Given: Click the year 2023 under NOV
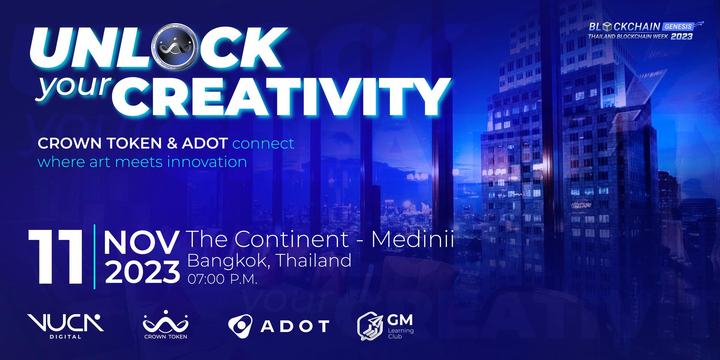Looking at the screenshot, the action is (142, 271).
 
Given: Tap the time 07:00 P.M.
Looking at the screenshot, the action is (222, 279).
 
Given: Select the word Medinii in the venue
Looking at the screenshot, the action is (412, 239).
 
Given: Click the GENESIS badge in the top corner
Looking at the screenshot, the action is (678, 27).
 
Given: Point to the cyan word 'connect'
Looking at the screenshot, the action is (263, 143).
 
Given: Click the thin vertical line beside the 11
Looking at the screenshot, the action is (94, 256).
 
